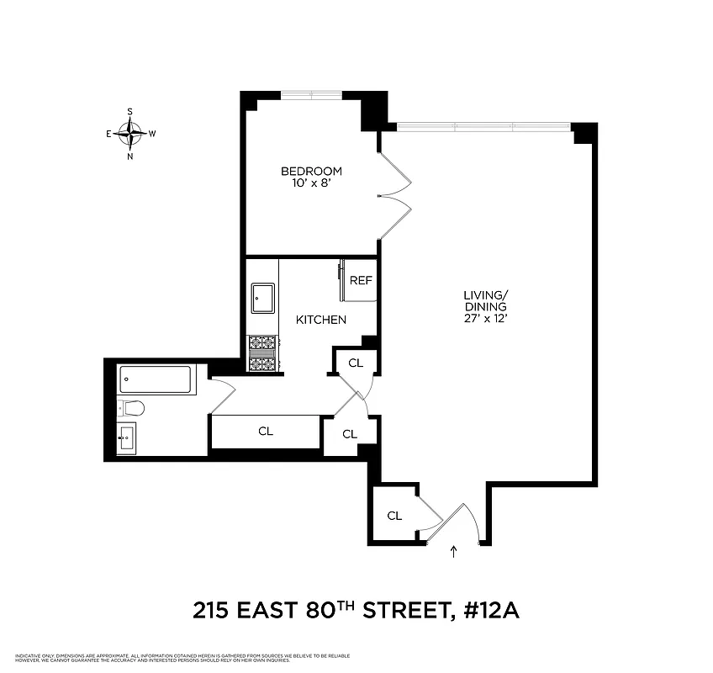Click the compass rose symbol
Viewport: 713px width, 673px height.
coord(130,133)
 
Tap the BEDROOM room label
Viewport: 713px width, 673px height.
coord(311,172)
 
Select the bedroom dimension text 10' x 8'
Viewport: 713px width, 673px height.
coord(311,184)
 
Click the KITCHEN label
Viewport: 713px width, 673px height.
coord(320,320)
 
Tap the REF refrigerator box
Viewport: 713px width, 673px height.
coord(361,280)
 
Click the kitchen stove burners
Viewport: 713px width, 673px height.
coord(262,353)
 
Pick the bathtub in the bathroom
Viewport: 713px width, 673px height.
coord(157,380)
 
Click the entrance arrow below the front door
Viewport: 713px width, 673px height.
coord(454,553)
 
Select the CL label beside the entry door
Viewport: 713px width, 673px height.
coord(394,515)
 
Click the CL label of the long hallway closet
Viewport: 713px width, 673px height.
coord(266,432)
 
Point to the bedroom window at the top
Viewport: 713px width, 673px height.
coord(311,94)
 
